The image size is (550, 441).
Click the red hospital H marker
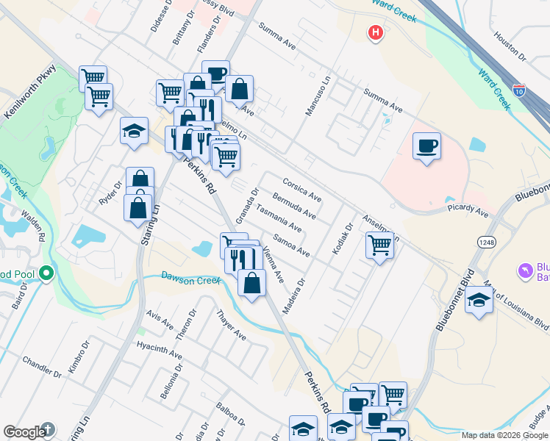point(376,33)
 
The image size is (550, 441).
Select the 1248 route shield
point(486,242)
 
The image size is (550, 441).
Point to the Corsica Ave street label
point(302,189)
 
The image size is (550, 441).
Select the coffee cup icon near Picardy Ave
point(426,146)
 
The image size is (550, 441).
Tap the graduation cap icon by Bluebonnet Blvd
point(479,300)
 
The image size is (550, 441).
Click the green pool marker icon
point(46,274)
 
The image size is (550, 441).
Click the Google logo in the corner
point(24,432)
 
